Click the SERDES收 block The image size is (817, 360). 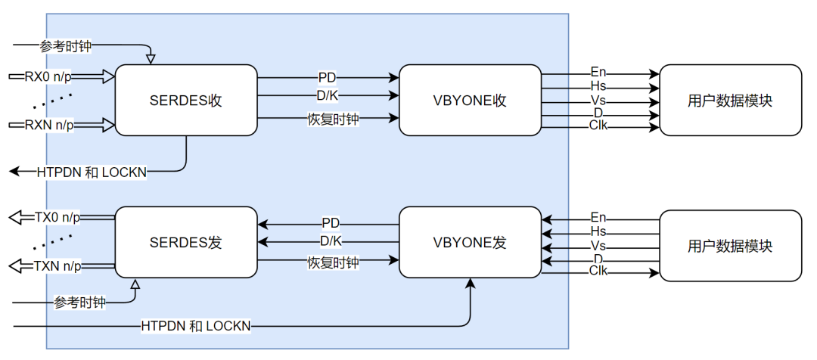(x=186, y=101)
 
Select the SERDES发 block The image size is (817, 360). (x=186, y=243)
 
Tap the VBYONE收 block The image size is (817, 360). (x=470, y=101)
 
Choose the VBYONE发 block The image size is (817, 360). (x=470, y=243)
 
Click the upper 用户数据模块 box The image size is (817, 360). (x=730, y=101)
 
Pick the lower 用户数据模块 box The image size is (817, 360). (x=730, y=246)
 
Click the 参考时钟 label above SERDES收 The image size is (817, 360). (x=66, y=46)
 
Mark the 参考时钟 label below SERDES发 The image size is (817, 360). (x=79, y=303)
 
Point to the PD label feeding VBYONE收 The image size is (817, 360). (x=328, y=77)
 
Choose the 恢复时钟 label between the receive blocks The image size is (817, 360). (x=333, y=118)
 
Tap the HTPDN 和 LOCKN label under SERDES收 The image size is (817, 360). (x=92, y=172)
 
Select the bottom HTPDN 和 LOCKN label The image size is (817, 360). (x=196, y=326)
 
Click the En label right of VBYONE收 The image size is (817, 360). (x=598, y=73)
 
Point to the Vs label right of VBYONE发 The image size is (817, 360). (x=598, y=246)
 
